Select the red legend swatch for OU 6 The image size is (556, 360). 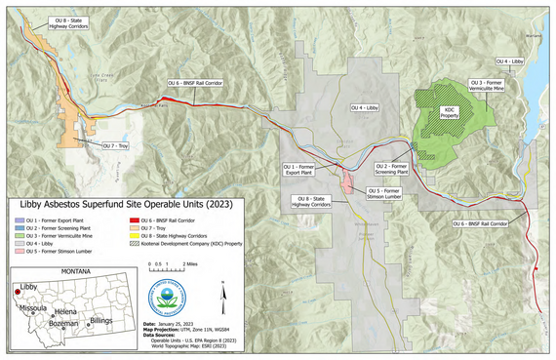[x=133, y=221]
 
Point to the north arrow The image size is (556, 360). [x=224, y=290]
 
